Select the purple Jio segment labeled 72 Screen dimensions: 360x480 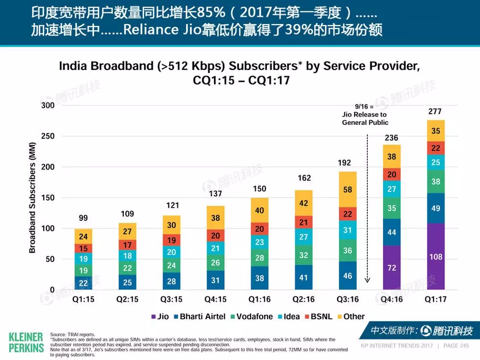pos(391,267)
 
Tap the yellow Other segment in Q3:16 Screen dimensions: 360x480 pos(347,189)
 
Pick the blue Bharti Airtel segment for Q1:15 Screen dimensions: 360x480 pos(83,283)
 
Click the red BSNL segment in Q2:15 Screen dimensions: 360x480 pos(127,245)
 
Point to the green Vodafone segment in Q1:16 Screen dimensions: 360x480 pos(259,258)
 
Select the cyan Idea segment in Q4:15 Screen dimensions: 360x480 pos(215,248)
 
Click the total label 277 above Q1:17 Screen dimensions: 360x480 pos(434,112)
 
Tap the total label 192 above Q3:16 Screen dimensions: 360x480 pos(345,163)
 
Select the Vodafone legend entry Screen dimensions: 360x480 pos(250,316)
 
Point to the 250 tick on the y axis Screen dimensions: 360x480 pos(48,136)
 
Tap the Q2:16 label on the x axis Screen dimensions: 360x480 pos(303,299)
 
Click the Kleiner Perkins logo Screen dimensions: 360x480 pos(26,341)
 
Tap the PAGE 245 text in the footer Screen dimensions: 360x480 pos(456,346)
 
